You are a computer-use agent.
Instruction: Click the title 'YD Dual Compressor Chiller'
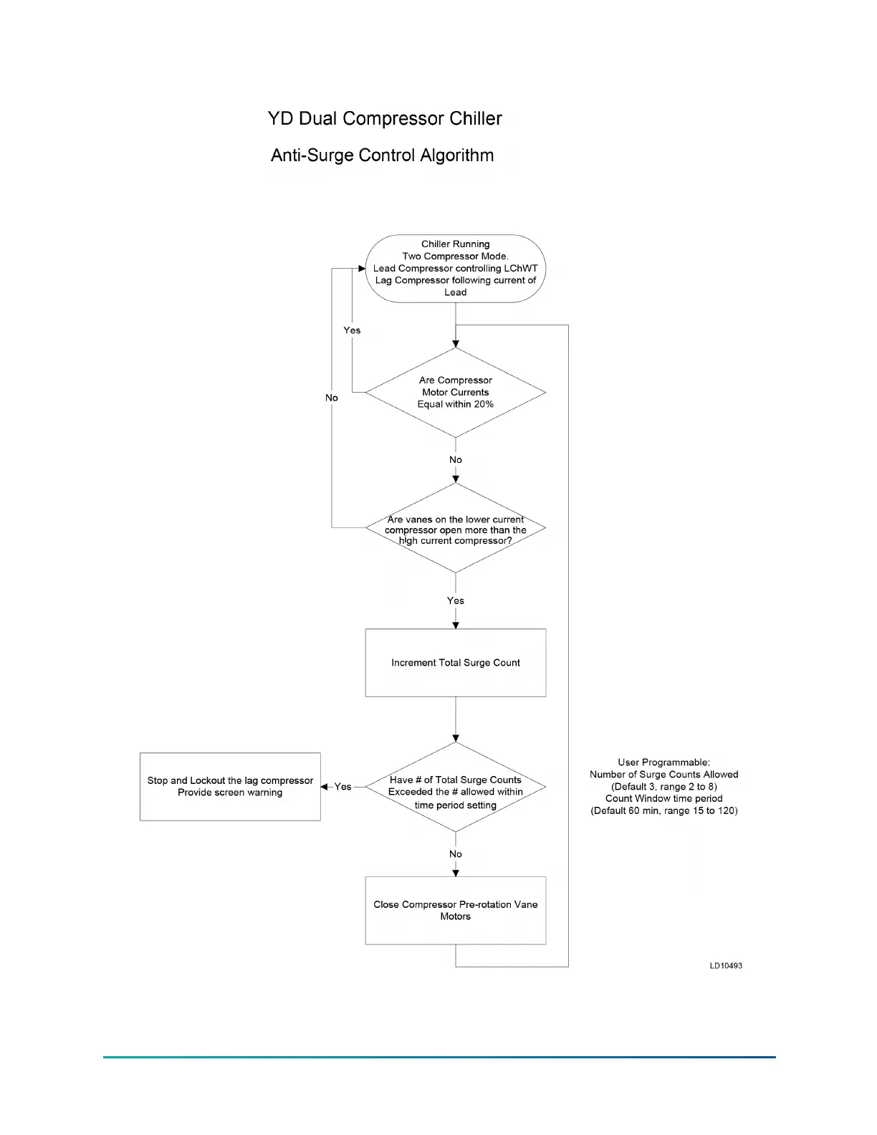(385, 119)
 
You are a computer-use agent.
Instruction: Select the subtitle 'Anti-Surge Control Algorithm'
(382, 155)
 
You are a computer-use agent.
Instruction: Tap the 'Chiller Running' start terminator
(455, 268)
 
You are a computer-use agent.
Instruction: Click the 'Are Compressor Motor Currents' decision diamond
(455, 392)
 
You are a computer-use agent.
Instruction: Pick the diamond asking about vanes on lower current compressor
(455, 529)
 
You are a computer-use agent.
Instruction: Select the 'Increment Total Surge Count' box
(455, 663)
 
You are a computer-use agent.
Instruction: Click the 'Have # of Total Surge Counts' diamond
(455, 787)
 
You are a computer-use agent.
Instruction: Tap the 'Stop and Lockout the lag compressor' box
(230, 787)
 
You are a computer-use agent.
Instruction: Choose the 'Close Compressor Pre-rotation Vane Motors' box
(455, 910)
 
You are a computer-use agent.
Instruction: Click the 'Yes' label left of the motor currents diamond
(352, 330)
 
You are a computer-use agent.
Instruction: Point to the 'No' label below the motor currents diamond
(456, 460)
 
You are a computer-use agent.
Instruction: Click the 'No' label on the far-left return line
(331, 398)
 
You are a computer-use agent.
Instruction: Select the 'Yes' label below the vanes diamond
(456, 600)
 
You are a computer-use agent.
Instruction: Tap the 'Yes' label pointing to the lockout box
(342, 787)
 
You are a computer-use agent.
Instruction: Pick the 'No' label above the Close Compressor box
(456, 854)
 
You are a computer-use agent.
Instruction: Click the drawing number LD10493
(726, 966)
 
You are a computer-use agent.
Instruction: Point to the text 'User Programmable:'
(664, 762)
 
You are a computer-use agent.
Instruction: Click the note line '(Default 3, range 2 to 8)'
(664, 787)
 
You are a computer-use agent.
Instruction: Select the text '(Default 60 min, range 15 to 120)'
(664, 811)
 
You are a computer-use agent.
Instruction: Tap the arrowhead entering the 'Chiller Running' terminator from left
(362, 269)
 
